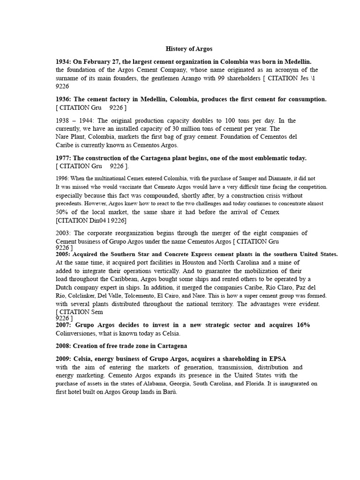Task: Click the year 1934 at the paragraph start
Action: pyautogui.click(x=63, y=61)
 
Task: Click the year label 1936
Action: pyautogui.click(x=63, y=99)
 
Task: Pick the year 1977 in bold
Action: pyautogui.click(x=63, y=158)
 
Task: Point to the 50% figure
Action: pyautogui.click(x=63, y=212)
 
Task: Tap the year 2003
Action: pyautogui.click(x=63, y=233)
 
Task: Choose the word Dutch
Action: pyautogui.click(x=64, y=287)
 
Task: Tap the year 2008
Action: pyautogui.click(x=63, y=346)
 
